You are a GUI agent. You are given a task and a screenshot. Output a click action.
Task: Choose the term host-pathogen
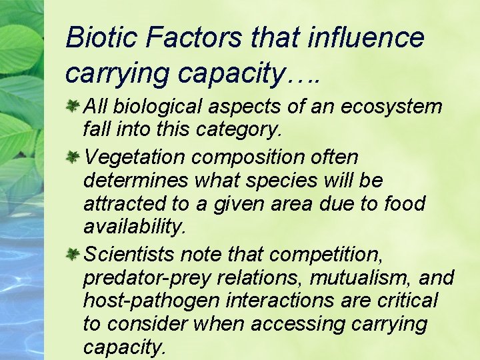(x=151, y=301)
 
